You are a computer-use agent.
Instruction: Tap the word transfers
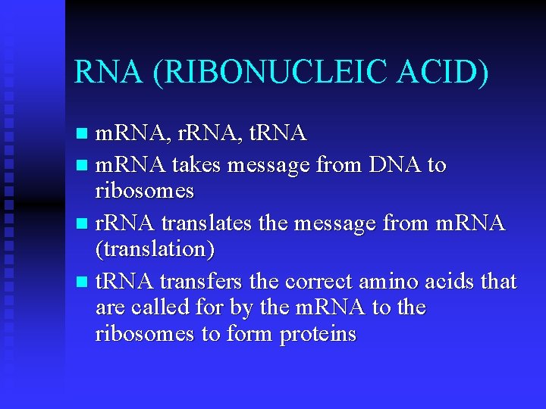[x=200, y=282]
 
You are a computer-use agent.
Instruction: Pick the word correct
[x=320, y=282]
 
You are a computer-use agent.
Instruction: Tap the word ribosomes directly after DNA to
[x=145, y=190]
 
